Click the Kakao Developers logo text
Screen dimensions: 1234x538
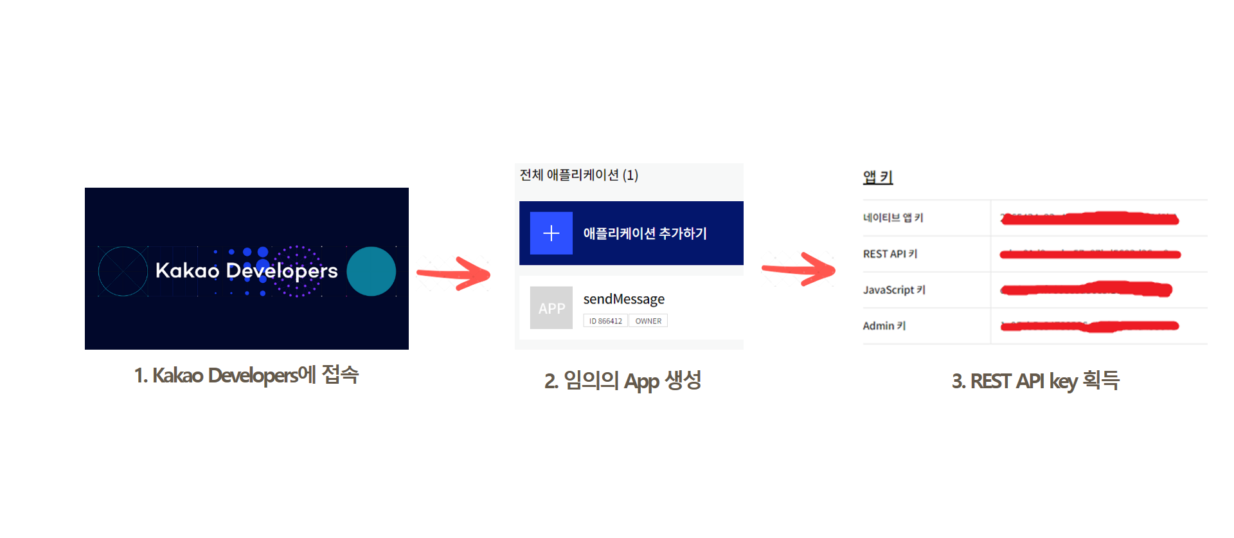click(246, 271)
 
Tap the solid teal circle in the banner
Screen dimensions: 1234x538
click(371, 271)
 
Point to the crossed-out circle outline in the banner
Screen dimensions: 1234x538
click(123, 271)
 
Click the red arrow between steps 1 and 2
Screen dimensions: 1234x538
click(455, 273)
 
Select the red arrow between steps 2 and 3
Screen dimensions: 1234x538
click(800, 269)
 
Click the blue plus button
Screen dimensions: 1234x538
click(551, 233)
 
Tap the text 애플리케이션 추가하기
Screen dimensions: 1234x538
click(645, 233)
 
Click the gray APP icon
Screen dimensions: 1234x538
click(551, 308)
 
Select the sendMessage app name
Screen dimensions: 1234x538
click(623, 299)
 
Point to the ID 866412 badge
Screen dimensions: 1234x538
click(605, 321)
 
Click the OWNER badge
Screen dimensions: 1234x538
click(648, 321)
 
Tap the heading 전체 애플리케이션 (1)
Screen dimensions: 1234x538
click(578, 175)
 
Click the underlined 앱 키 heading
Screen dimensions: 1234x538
click(877, 177)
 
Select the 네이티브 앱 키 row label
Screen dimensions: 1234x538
click(893, 218)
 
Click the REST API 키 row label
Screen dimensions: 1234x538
click(890, 254)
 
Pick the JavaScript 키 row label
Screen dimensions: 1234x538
click(894, 290)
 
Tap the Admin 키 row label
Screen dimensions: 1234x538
click(884, 326)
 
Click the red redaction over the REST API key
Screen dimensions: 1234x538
click(1090, 255)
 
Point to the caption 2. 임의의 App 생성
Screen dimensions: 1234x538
click(622, 381)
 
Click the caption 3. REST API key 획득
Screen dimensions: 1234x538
click(1035, 381)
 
